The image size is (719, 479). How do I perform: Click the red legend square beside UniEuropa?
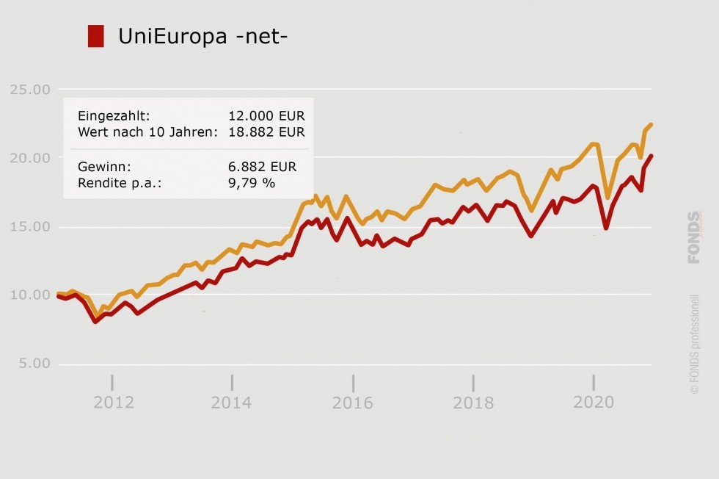(95, 36)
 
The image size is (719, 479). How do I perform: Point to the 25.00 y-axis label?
(30, 90)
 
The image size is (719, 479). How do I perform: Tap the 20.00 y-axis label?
(30, 158)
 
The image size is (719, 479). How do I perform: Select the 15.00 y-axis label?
(30, 226)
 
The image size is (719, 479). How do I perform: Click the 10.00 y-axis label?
(30, 295)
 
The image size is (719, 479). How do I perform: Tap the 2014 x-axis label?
(231, 403)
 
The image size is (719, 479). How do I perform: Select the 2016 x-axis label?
(352, 403)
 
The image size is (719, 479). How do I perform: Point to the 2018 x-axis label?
(473, 403)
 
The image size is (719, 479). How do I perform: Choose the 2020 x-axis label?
(593, 403)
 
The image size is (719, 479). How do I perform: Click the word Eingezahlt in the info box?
(114, 116)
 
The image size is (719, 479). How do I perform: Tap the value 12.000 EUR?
(266, 116)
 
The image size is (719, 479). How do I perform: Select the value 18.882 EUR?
(266, 132)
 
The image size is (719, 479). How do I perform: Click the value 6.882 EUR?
(262, 167)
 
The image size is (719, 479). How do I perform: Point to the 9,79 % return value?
(252, 183)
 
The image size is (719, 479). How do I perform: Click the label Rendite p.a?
(119, 183)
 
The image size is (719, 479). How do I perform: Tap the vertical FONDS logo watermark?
(694, 237)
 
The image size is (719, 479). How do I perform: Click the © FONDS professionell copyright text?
(695, 345)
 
